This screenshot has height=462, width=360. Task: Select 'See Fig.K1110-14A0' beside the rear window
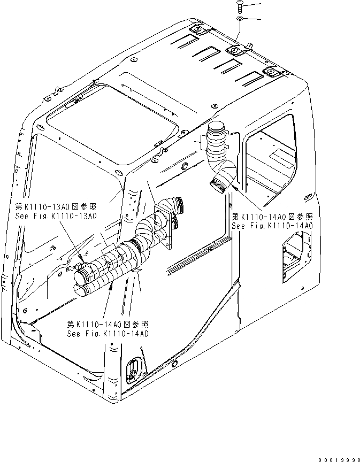point(272,226)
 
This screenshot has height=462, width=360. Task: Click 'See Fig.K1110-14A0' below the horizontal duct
point(108,333)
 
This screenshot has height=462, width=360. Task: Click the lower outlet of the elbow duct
point(219,187)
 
